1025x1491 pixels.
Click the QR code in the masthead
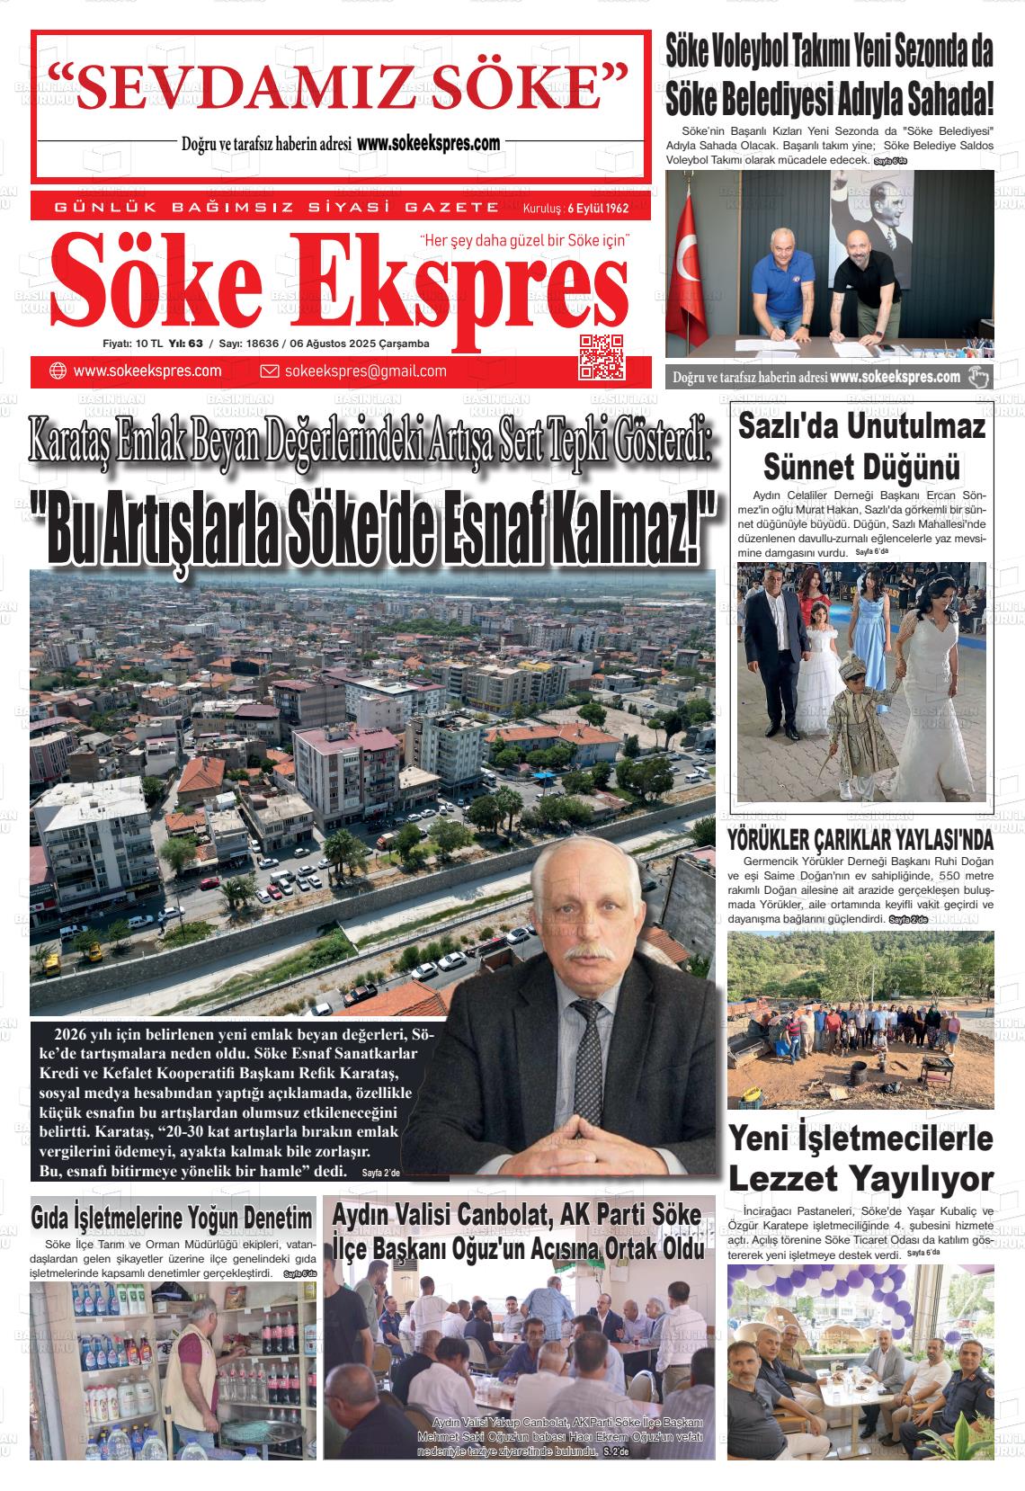(x=602, y=355)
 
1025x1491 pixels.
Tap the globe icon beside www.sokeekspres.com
(x=58, y=371)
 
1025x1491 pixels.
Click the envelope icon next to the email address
(x=269, y=371)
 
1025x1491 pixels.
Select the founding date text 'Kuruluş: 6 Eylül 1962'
(x=575, y=209)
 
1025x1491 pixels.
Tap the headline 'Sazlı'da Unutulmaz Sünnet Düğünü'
(x=861, y=446)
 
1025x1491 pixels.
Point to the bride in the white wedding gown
(x=935, y=683)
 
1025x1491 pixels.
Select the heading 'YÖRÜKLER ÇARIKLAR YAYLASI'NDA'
(x=860, y=841)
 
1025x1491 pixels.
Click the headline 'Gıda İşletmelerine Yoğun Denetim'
(x=173, y=1219)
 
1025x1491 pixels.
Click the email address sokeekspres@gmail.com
(x=365, y=371)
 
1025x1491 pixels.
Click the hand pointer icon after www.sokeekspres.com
(x=978, y=377)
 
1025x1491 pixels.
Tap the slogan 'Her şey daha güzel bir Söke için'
(x=525, y=241)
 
